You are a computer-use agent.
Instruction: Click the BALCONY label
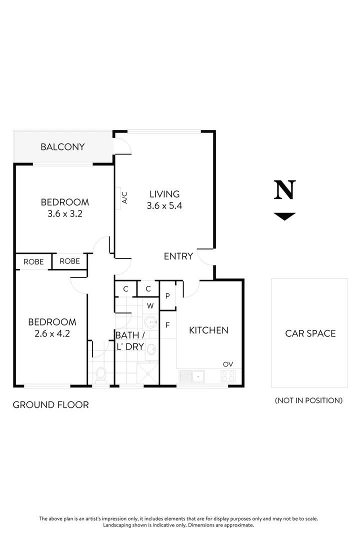pyautogui.click(x=62, y=147)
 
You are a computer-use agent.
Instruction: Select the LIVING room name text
pyautogui.click(x=164, y=194)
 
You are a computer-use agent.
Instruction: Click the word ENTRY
pyautogui.click(x=178, y=256)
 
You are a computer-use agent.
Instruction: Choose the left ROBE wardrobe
pyautogui.click(x=33, y=261)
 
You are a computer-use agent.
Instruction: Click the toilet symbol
pyautogui.click(x=101, y=374)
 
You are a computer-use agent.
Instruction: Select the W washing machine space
pyautogui.click(x=150, y=305)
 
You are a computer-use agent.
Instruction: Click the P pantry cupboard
pyautogui.click(x=167, y=296)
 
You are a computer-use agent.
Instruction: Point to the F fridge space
pyautogui.click(x=168, y=325)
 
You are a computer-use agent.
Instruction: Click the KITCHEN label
pyautogui.click(x=208, y=330)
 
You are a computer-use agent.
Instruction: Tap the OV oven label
pyautogui.click(x=228, y=364)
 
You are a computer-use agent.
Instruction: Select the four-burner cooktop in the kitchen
pyautogui.click(x=228, y=375)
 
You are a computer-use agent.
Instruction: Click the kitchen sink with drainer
pyautogui.click(x=192, y=375)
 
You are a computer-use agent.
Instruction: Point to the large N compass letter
pyautogui.click(x=285, y=190)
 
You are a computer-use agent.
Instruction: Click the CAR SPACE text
pyautogui.click(x=310, y=333)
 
